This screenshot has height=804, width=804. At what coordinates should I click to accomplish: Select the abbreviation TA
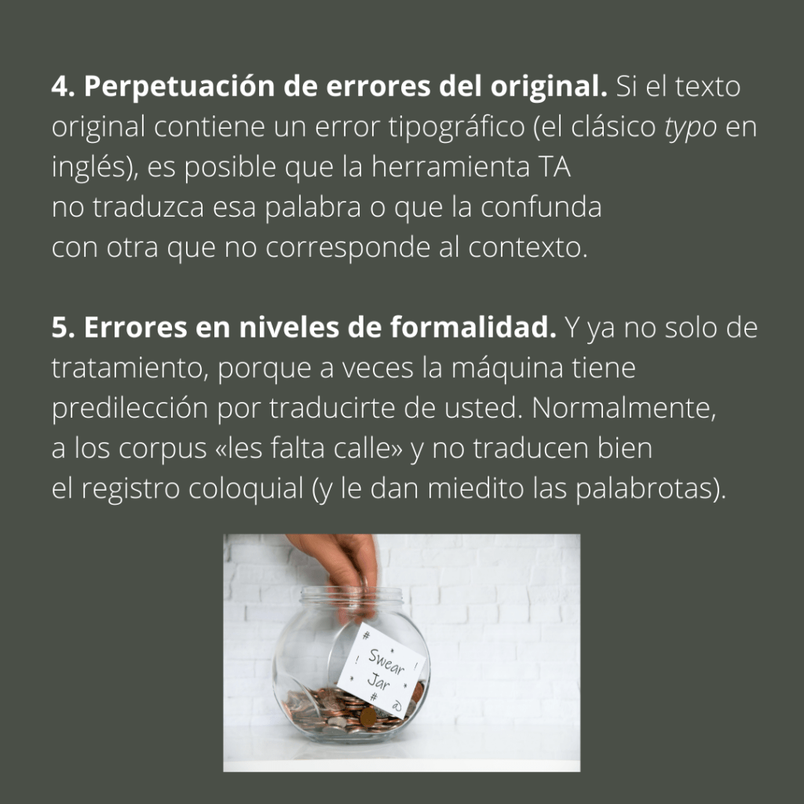click(554, 166)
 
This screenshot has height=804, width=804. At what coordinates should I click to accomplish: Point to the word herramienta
click(450, 166)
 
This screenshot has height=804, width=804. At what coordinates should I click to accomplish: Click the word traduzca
click(148, 207)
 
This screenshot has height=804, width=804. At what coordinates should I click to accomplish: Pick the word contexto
click(527, 247)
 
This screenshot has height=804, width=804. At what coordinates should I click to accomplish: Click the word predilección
click(130, 409)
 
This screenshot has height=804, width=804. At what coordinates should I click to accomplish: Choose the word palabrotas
click(644, 488)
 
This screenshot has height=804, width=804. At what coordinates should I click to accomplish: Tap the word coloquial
click(246, 488)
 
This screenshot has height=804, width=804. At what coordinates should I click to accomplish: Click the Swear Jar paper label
click(381, 670)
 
